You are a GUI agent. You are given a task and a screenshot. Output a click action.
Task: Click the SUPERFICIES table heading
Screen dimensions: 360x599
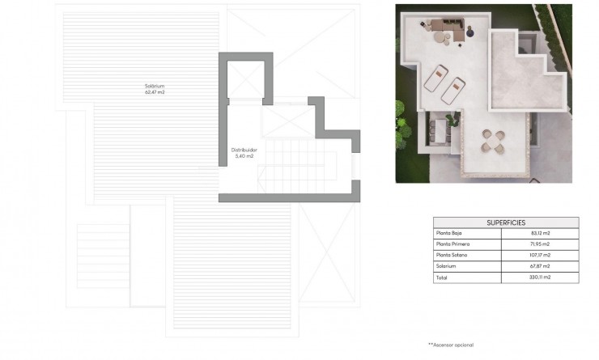[x=507, y=222]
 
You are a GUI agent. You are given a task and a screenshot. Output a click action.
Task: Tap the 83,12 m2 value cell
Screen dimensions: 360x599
[x=541, y=233]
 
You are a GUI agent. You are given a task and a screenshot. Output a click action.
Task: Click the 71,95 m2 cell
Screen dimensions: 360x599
[x=541, y=244]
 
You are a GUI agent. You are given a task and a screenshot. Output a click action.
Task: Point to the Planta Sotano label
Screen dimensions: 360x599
[x=451, y=255]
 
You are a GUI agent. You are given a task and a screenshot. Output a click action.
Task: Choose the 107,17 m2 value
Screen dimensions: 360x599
[x=541, y=255]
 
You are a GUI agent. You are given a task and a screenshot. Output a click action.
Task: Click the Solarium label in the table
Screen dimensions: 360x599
[x=446, y=265]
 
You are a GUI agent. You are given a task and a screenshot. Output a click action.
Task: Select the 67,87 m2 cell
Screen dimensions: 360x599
[x=541, y=265]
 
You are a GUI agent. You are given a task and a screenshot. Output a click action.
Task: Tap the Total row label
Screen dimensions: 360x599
[x=442, y=277]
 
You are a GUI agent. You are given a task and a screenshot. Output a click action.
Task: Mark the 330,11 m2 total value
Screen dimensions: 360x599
[x=541, y=277]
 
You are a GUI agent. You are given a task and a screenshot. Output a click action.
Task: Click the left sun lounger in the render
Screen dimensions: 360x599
[x=434, y=79]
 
